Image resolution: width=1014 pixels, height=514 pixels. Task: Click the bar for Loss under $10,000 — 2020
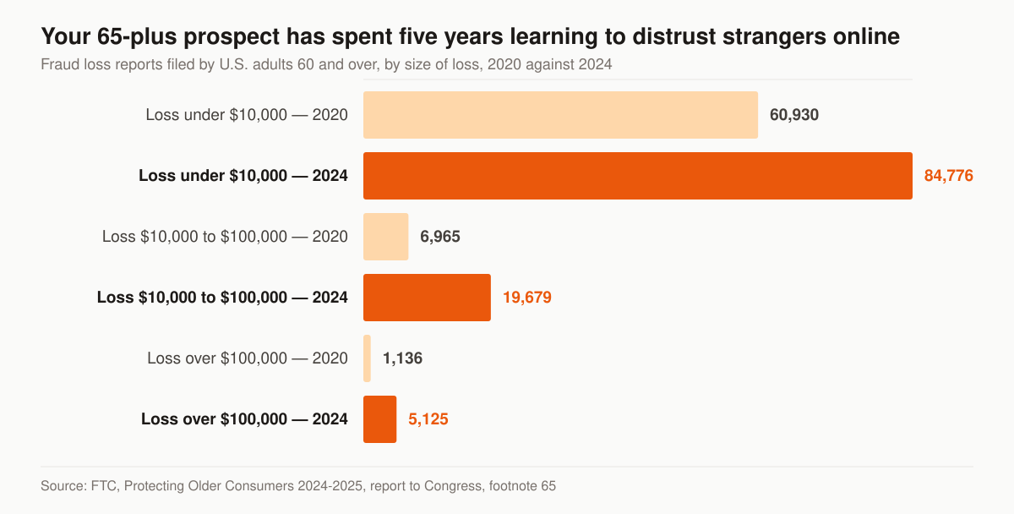point(560,115)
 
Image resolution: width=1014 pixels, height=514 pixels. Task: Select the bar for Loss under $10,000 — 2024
point(638,176)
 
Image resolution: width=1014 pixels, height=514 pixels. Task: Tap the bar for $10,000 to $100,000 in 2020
point(385,237)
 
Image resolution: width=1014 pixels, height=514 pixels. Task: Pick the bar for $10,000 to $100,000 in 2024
point(427,298)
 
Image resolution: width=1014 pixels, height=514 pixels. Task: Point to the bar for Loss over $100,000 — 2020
point(367,358)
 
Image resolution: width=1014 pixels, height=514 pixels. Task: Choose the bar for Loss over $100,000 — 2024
point(379,419)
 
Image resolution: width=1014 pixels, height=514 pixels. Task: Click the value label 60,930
point(794,115)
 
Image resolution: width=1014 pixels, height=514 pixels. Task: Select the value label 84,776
point(948,176)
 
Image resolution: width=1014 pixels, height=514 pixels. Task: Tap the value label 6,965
point(440,237)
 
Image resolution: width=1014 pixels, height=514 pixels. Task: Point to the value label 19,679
point(527,298)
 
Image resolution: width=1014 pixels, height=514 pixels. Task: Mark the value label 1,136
point(402,358)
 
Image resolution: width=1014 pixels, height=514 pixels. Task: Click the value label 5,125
point(428,419)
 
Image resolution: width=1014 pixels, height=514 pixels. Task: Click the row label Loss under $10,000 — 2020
point(247,115)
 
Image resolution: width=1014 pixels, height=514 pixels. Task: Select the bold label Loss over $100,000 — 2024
point(244,419)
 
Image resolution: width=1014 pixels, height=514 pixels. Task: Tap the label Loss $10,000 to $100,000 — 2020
point(225,237)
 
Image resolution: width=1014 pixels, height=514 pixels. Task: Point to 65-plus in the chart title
point(137,37)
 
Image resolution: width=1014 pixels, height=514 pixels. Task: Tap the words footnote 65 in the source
point(522,486)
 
